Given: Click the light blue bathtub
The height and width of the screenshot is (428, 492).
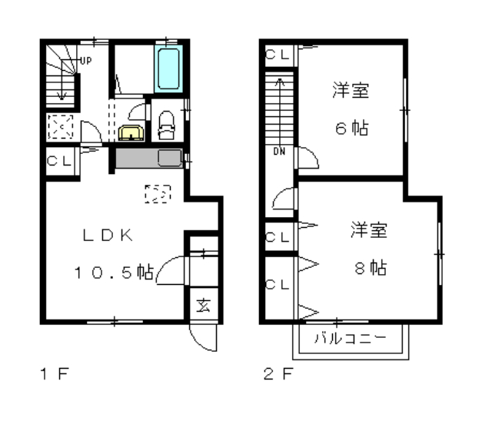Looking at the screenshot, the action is (168, 69).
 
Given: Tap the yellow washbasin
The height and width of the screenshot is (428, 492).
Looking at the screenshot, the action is (131, 132).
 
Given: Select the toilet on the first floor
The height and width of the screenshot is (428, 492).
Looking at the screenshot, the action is (166, 125).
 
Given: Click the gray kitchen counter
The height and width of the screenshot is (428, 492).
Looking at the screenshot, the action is (149, 159).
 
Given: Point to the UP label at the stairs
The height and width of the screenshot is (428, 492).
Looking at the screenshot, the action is (85, 61).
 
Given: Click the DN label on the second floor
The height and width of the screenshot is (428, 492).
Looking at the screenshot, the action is (279, 152).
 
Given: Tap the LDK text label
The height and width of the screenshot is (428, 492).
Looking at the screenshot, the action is (108, 235).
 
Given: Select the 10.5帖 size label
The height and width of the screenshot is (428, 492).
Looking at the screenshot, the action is (114, 273).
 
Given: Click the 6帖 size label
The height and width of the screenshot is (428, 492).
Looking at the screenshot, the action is (352, 128).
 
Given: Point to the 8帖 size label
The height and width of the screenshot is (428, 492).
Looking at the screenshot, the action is (371, 268).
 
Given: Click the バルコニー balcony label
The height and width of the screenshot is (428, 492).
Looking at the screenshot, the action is (351, 339).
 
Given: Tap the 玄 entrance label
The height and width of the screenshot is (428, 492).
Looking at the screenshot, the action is (204, 305).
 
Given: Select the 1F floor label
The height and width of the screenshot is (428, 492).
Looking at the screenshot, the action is (55, 373).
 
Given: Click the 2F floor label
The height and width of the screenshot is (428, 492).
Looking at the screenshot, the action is (278, 373).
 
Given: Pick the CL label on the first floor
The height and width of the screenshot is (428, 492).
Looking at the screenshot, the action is (59, 161).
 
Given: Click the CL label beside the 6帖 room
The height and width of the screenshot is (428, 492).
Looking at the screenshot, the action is (277, 55).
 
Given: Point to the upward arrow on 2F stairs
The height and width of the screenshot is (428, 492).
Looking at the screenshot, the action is (280, 112).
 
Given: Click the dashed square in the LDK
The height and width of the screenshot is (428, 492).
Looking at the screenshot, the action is (158, 193).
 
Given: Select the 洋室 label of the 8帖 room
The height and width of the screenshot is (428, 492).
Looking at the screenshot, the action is (369, 230).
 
